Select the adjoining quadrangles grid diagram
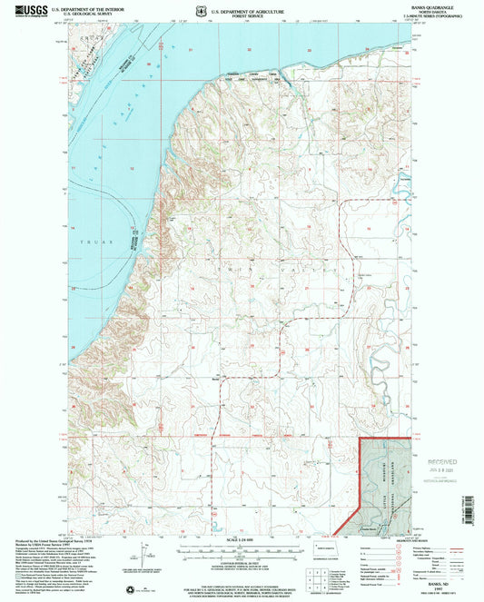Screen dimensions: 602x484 (x=317, y=577)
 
